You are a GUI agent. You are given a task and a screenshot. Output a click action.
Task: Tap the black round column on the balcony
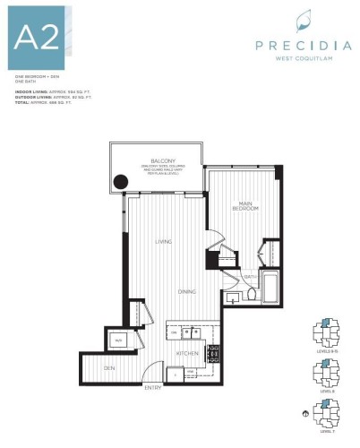[x=120, y=182]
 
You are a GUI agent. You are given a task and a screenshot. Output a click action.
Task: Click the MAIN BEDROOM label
[x=248, y=206]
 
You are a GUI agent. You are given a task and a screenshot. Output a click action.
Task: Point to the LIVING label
[x=162, y=241]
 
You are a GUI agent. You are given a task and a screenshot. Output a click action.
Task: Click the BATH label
[x=253, y=278]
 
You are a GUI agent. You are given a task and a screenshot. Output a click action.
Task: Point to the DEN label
[x=109, y=368]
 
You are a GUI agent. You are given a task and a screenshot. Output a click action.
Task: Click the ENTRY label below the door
[x=153, y=387]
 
